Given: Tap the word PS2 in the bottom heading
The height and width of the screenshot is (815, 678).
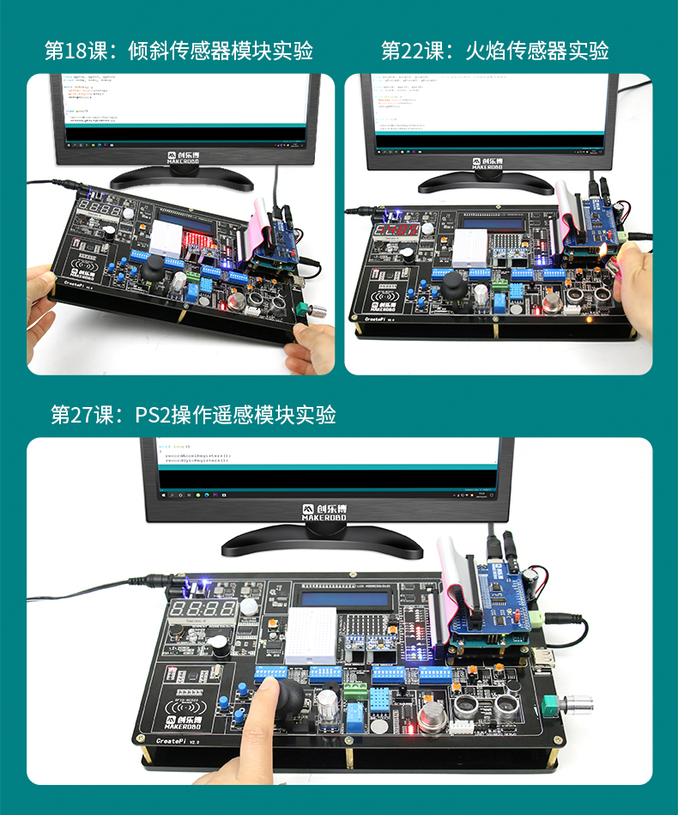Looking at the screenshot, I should [x=154, y=415].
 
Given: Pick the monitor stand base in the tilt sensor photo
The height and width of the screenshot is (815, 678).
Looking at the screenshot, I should [x=181, y=178].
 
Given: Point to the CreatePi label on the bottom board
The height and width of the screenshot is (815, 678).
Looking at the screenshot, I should [x=178, y=739].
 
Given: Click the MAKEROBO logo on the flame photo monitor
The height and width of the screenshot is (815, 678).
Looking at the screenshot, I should [x=489, y=162].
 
